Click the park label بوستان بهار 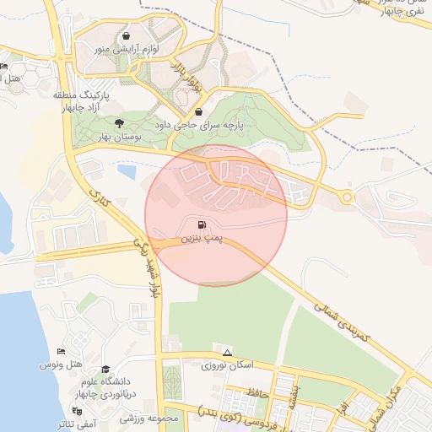[99, 137]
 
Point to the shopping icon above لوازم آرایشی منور [126, 36]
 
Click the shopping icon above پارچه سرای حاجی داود [198, 111]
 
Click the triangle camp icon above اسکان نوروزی [227, 352]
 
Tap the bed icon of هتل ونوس [60, 351]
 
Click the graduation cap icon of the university [105, 370]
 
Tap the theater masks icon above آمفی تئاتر [78, 411]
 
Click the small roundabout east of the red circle [347, 197]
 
